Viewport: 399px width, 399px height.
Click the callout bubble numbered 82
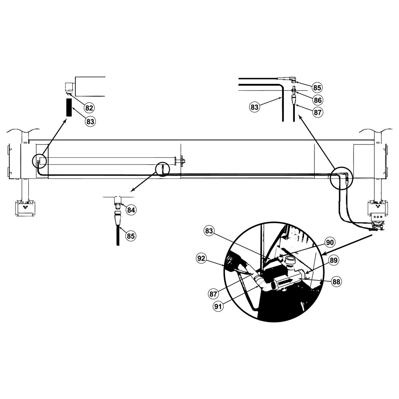coord(89,108)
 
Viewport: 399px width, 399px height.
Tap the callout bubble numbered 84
coord(131,210)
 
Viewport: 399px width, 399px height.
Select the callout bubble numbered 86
coord(318,100)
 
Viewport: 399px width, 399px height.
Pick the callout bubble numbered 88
coord(336,282)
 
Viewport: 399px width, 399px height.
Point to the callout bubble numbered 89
coord(334,260)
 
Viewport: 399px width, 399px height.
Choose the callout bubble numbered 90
coord(330,242)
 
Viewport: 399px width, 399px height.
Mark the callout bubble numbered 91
coord(218,306)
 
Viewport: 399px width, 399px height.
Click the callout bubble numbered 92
coord(201,259)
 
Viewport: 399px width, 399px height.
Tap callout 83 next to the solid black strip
coord(90,121)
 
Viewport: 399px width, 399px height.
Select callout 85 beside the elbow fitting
coord(317,87)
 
